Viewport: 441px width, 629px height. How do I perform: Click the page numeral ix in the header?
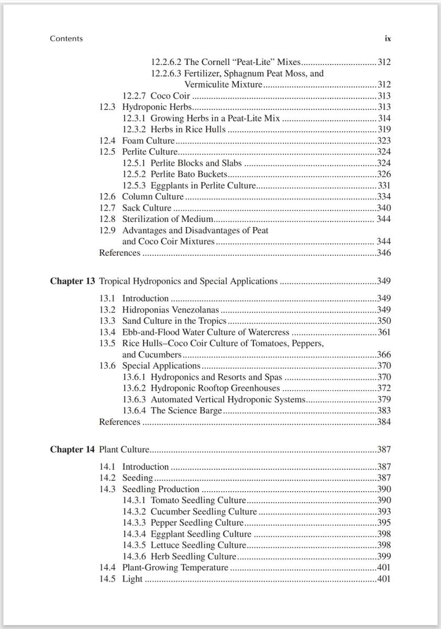coord(388,39)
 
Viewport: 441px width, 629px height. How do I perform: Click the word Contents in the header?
coord(66,39)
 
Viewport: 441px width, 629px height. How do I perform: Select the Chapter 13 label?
coord(72,281)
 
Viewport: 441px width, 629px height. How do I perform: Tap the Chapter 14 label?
coord(72,450)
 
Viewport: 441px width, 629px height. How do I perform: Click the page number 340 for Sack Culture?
coord(383,208)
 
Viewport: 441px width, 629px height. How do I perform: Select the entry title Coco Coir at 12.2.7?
coord(170,96)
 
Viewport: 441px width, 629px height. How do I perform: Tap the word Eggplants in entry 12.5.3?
coord(168,186)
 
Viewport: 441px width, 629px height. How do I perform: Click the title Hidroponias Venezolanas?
coord(170,310)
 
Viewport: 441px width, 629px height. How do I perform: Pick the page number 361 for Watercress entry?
coord(383,332)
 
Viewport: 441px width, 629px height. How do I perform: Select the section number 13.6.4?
coord(135,411)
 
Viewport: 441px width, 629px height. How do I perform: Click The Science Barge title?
coord(186,411)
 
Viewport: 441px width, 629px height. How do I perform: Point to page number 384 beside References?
coord(383,422)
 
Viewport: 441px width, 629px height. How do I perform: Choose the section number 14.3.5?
coord(135,545)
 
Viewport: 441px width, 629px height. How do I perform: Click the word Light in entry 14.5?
coord(132,579)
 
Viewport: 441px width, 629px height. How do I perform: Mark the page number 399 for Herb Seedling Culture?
coord(383,557)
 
